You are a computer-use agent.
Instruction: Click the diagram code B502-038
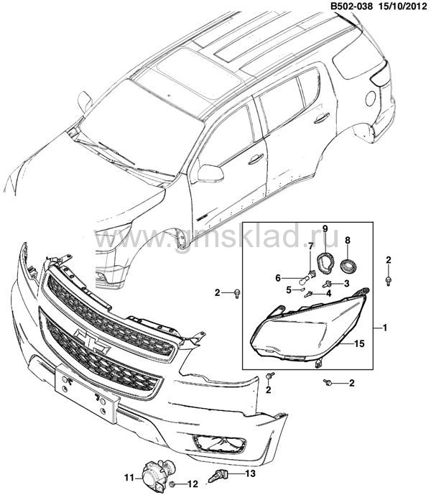pyautogui.click(x=351, y=6)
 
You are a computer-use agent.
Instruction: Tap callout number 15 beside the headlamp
pyautogui.click(x=359, y=343)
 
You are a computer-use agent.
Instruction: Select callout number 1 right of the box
pyautogui.click(x=384, y=328)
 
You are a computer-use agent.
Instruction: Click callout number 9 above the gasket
pyautogui.click(x=325, y=228)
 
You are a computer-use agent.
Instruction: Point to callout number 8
pyautogui.click(x=348, y=241)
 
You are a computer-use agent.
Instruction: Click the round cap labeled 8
pyautogui.click(x=348, y=264)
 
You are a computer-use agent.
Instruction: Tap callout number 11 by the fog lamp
pyautogui.click(x=129, y=478)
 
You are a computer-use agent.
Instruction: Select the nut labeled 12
pyautogui.click(x=172, y=484)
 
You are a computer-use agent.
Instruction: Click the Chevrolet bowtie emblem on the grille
pyautogui.click(x=91, y=341)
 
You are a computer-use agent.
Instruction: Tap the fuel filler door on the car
pyautogui.click(x=371, y=98)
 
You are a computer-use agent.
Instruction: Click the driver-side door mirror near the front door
pyautogui.click(x=210, y=173)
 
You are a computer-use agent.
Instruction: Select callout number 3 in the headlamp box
pyautogui.click(x=347, y=284)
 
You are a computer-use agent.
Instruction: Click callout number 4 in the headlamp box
pyautogui.click(x=329, y=293)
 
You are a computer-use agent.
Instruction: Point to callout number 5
pyautogui.click(x=289, y=290)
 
